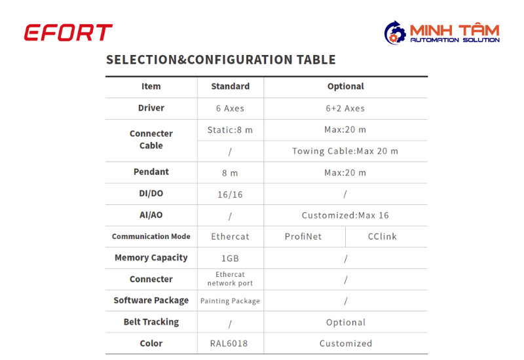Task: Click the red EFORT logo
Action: [x=68, y=32]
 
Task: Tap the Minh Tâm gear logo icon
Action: [x=395, y=33]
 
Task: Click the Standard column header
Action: [x=231, y=86]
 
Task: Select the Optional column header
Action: [x=346, y=86]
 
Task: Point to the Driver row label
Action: [x=151, y=108]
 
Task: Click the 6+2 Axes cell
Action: [x=345, y=108]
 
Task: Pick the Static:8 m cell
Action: [x=230, y=130]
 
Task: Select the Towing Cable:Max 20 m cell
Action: [x=345, y=151]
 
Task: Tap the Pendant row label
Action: [x=151, y=171]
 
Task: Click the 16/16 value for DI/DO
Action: [x=230, y=194]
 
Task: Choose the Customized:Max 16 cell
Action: [x=345, y=215]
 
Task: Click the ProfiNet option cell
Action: [x=303, y=236]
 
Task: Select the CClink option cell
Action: [x=383, y=236]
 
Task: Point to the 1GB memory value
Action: [x=230, y=258]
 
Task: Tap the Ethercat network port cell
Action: [x=230, y=279]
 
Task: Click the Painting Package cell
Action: [x=230, y=301]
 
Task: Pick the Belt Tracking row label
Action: [x=151, y=322]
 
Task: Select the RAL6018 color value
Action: [x=229, y=343]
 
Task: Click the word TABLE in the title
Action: [x=316, y=60]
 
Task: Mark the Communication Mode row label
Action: [x=151, y=236]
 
